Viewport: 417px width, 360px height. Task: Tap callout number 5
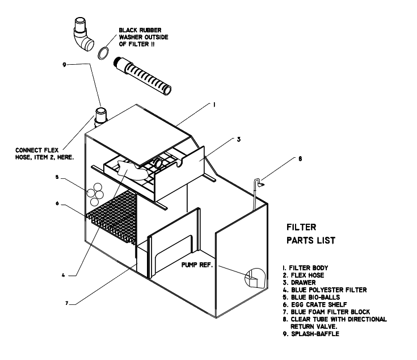click(57, 177)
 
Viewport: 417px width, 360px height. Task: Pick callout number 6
click(57, 204)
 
